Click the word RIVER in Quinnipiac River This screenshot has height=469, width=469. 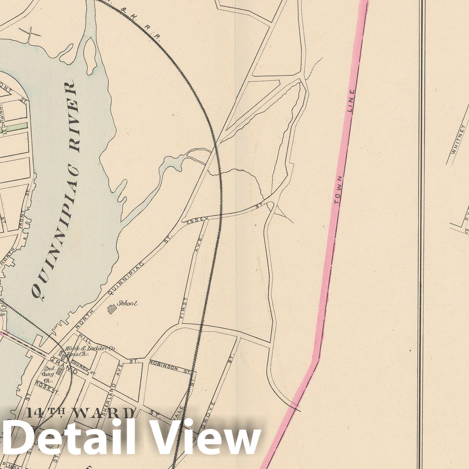point(73,117)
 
